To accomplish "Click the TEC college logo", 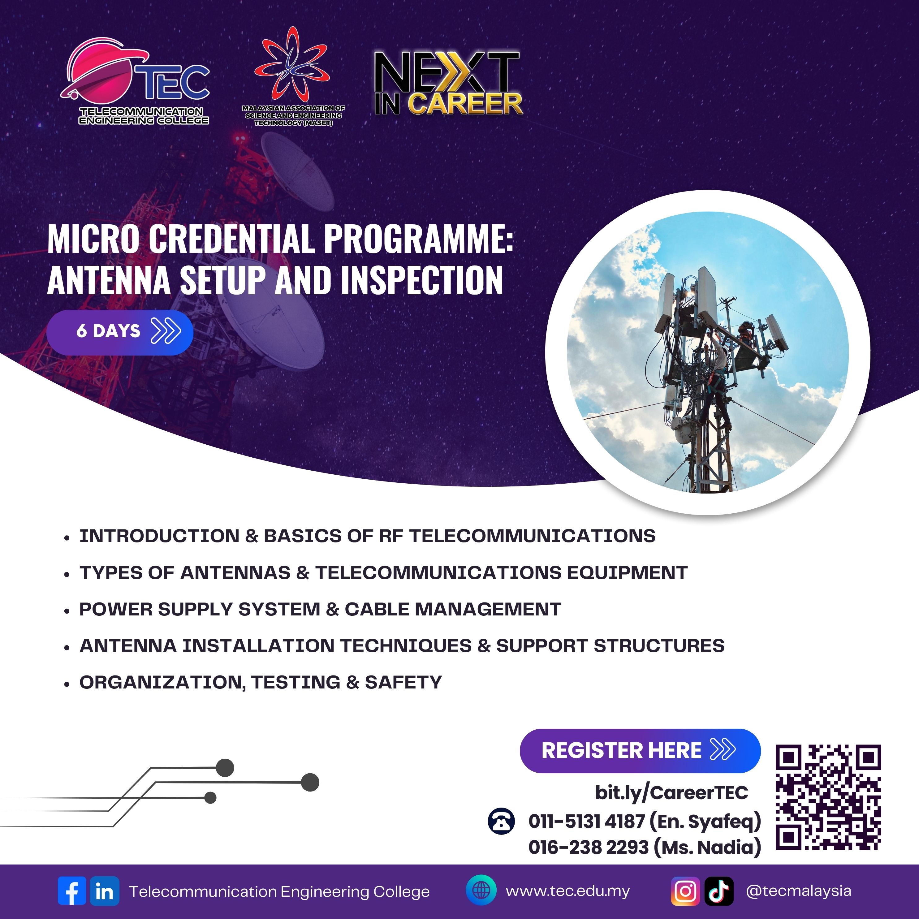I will tap(136, 82).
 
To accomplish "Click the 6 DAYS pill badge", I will tap(120, 331).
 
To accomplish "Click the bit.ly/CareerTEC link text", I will tap(671, 792).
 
